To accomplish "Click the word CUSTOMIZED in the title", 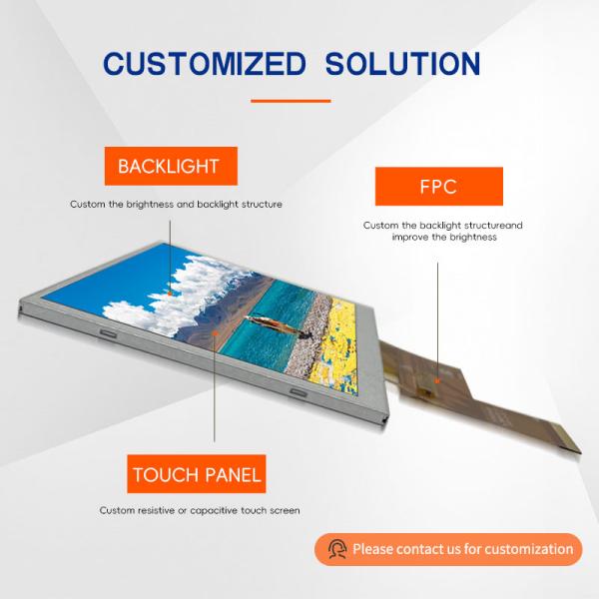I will [x=206, y=64].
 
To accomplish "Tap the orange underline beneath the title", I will [x=290, y=100].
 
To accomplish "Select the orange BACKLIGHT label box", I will [x=169, y=166].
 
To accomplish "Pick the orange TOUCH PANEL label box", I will [x=196, y=473].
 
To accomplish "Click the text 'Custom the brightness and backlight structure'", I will [x=176, y=205].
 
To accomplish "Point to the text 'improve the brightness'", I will [x=443, y=238].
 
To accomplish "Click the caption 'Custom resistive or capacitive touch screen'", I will [x=200, y=511].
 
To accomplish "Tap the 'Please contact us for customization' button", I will [x=448, y=549].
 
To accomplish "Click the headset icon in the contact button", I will [x=337, y=549].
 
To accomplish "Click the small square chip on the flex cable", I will [x=436, y=379].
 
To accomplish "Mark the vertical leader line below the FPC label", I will [x=437, y=309].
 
